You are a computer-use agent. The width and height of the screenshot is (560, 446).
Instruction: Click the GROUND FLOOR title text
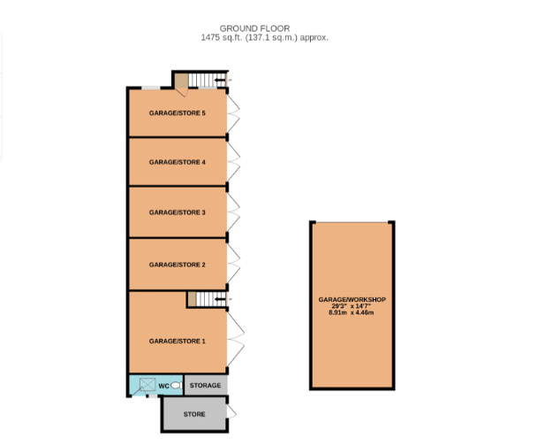tap(254, 28)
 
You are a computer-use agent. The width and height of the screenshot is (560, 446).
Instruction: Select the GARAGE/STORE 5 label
tap(178, 113)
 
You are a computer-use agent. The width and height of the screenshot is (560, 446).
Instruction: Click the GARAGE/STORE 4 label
tap(178, 162)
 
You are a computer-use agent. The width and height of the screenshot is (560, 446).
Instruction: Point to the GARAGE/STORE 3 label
tap(178, 212)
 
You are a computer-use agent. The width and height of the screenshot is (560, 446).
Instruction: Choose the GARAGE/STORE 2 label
tap(178, 265)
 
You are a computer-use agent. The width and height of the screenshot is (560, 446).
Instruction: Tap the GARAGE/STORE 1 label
tap(178, 341)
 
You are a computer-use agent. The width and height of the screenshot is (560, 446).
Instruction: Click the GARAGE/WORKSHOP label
tap(352, 300)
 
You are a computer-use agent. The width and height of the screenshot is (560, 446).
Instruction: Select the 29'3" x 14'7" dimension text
tap(352, 306)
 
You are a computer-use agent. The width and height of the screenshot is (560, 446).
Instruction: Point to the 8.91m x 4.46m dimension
tap(352, 312)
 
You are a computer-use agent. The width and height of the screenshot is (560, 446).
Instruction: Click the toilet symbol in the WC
tap(177, 385)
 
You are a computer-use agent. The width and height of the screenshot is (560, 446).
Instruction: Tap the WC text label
tap(164, 386)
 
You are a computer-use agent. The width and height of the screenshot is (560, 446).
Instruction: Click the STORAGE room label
tap(205, 386)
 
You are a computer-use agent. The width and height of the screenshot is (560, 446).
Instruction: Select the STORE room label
tap(194, 414)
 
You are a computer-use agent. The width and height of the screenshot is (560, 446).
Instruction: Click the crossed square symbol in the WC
tap(148, 384)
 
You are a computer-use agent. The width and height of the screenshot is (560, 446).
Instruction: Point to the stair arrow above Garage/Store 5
tap(220, 80)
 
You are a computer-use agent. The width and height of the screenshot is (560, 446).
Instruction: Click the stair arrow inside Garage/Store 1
tap(220, 299)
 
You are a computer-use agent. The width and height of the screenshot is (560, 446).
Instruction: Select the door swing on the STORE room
tap(231, 411)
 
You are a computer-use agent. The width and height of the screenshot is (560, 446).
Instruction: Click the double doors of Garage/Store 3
tap(233, 212)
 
